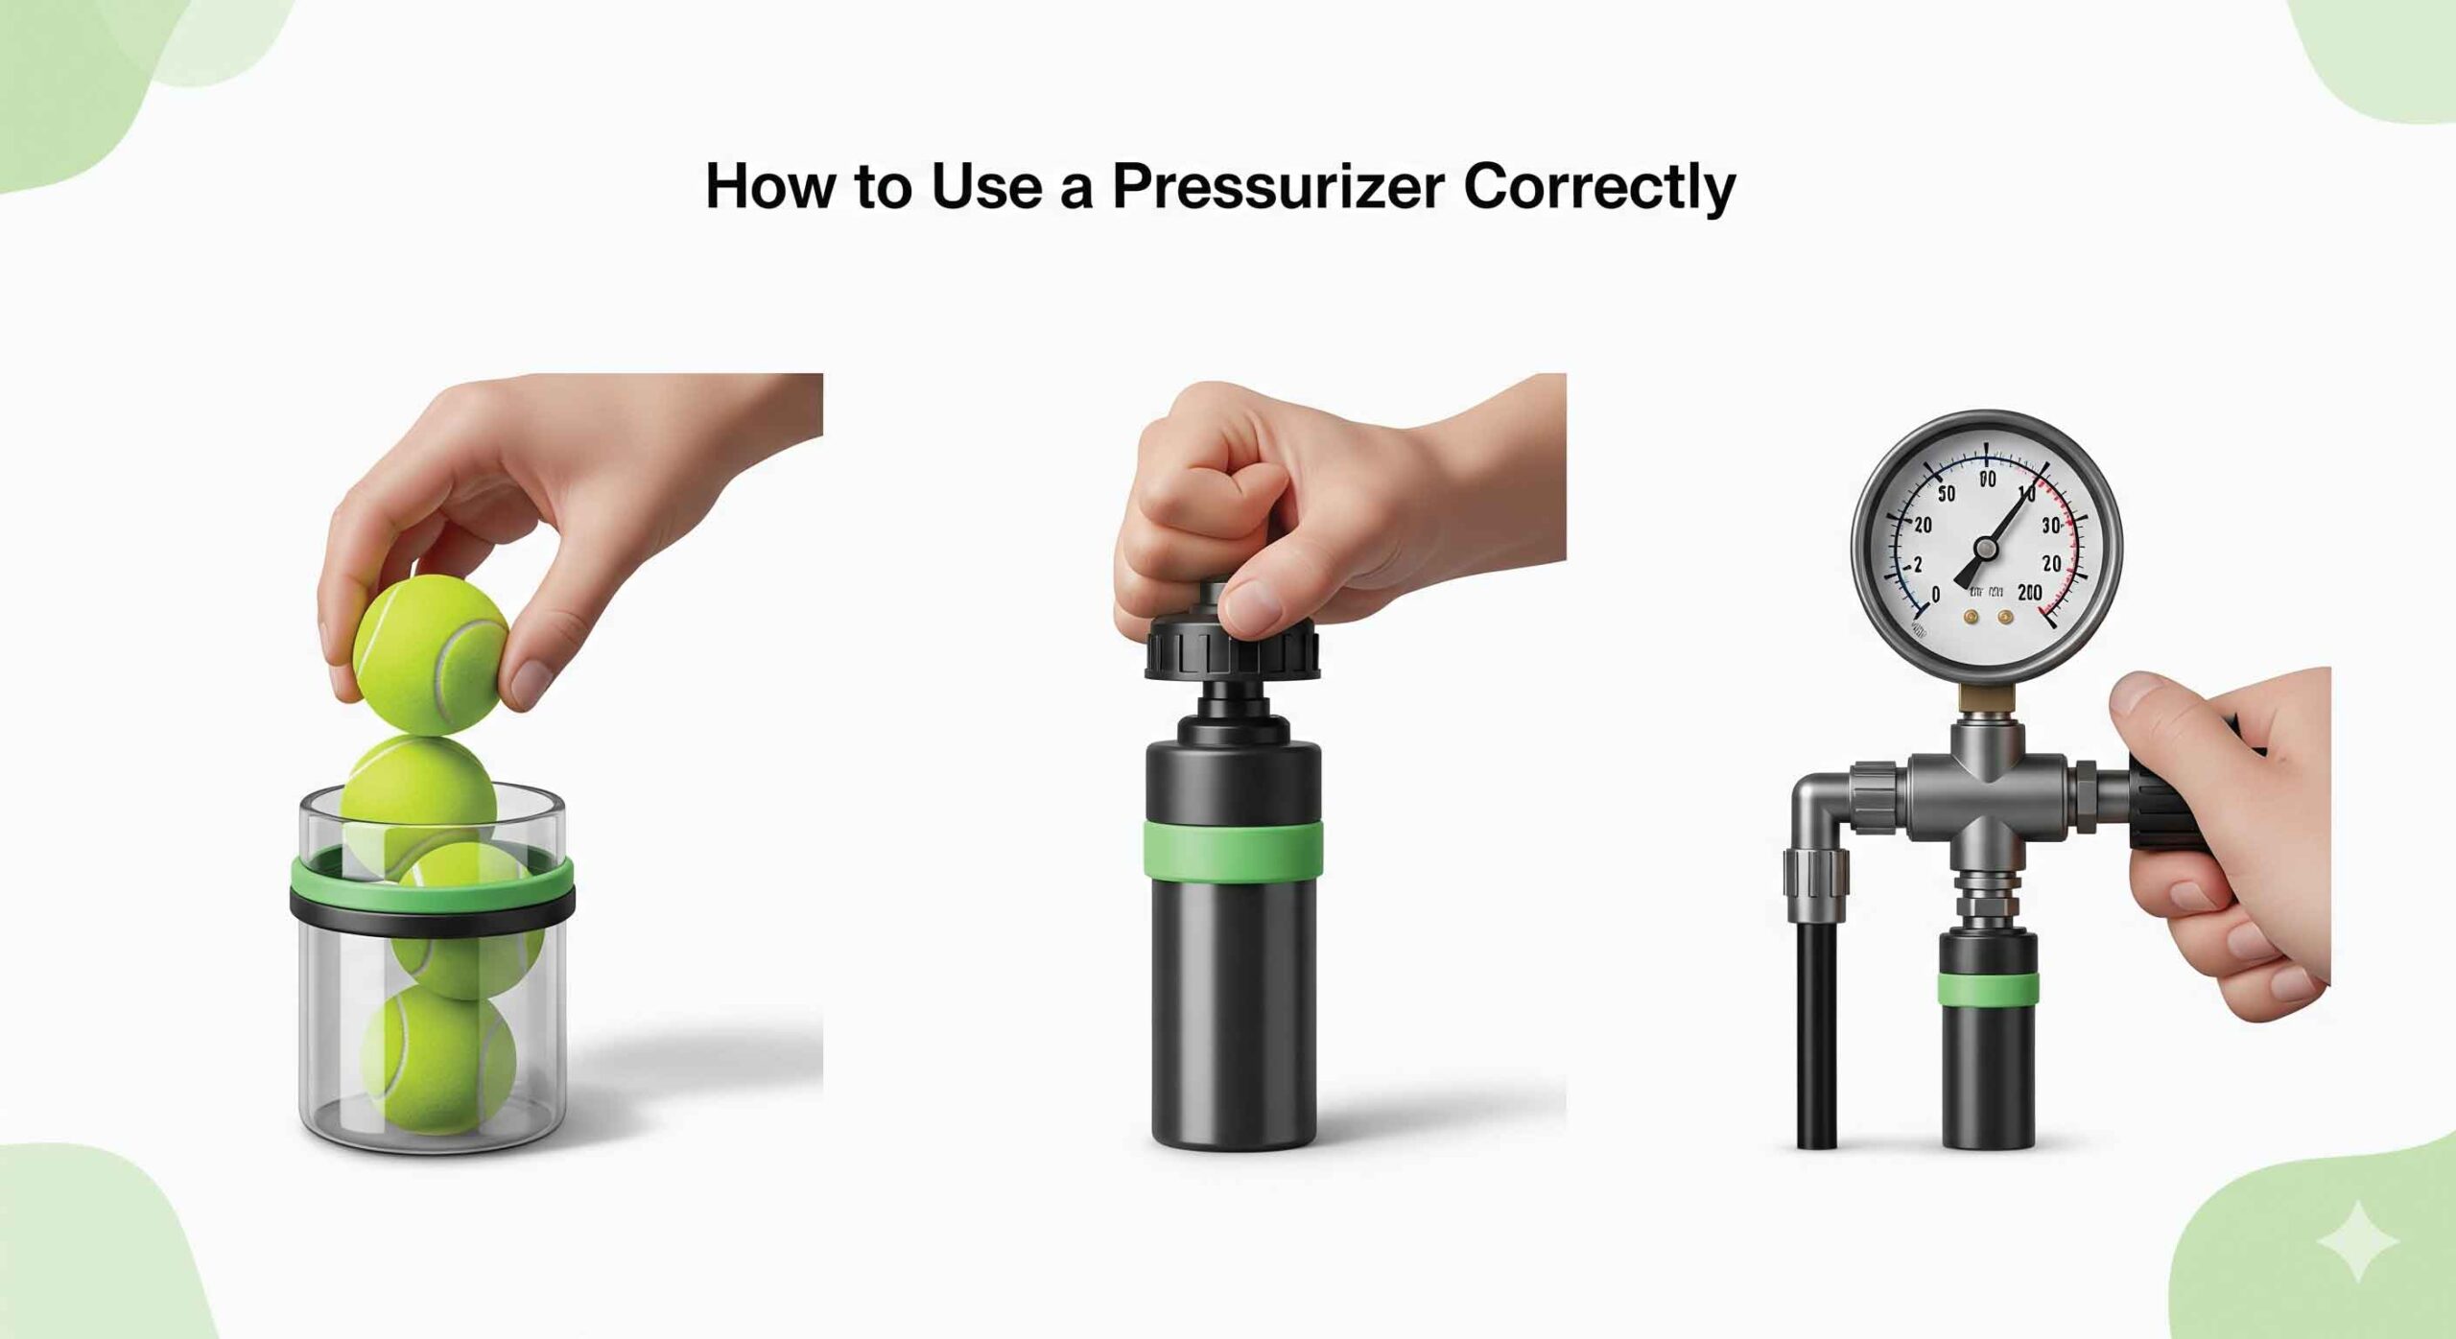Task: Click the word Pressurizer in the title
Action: [x=1276, y=187]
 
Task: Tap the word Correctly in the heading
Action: [x=1599, y=187]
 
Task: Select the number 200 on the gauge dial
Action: [x=2029, y=593]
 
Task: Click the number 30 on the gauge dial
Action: [x=2051, y=526]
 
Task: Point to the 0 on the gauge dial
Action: [x=1935, y=595]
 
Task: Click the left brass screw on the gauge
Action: [x=1972, y=618]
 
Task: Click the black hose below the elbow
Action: [x=1816, y=1036]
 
